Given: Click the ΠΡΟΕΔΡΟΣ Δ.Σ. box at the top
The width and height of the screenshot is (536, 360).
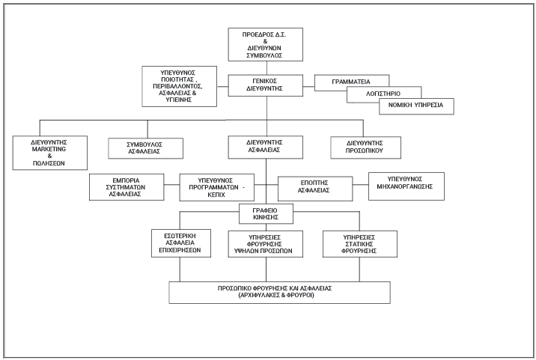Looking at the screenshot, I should coord(266,44).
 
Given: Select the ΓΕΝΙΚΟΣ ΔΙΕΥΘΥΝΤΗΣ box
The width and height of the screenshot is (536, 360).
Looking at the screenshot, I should coord(266,84).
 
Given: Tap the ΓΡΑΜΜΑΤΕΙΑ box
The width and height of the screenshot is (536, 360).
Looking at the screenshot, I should coord(352,80).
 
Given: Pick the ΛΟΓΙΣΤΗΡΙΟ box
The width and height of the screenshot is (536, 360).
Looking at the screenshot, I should coord(383,93).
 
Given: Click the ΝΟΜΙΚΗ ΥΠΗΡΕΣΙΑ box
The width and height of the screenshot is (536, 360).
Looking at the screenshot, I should coord(415,106).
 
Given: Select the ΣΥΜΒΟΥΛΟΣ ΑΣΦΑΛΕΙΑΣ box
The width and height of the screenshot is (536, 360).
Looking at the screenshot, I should coord(146,147).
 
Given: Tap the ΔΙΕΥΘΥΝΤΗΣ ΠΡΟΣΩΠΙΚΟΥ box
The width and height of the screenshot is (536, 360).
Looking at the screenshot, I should coord(364,147).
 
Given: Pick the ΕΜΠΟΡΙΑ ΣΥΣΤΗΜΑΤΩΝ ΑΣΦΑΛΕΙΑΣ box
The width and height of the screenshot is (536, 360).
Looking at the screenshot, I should coord(126,186).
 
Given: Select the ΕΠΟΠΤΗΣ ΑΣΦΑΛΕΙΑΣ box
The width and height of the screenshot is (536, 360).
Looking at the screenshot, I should coord(314,188).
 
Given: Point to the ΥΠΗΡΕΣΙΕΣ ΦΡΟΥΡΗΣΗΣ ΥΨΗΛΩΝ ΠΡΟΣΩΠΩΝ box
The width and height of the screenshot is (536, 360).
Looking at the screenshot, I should coord(266,243).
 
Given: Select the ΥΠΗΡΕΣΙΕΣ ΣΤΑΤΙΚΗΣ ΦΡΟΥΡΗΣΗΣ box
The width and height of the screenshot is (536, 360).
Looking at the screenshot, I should coord(359,243).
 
